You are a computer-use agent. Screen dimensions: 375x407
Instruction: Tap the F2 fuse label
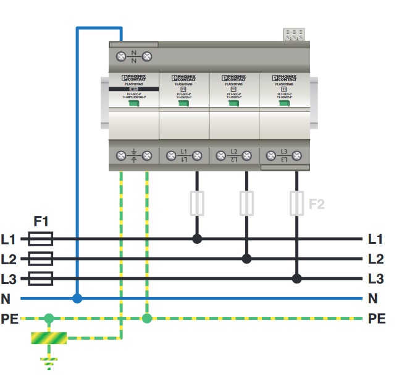pos(316,202)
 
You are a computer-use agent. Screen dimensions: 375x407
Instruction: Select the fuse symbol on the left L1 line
pos(41,238)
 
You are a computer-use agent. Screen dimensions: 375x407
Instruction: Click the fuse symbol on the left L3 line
pos(41,278)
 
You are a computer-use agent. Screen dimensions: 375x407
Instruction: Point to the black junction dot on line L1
pos(196,238)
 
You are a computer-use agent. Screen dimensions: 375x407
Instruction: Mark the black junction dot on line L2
pos(246,258)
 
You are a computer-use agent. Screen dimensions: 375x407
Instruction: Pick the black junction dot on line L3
pos(297,278)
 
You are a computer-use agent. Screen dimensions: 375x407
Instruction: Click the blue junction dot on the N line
pos(77,298)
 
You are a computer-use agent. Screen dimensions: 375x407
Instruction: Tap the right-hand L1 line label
pos(376,238)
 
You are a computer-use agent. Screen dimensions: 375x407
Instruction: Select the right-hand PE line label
pos(377,319)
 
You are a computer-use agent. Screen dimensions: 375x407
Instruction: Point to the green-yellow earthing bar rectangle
pos(49,338)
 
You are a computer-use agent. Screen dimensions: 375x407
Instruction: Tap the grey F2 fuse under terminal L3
pos(297,202)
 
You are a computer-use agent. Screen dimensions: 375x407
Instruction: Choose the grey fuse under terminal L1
pos(196,202)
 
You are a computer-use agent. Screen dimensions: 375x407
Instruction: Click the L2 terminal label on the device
pos(233,155)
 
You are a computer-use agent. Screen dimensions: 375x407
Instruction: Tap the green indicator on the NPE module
pos(132,103)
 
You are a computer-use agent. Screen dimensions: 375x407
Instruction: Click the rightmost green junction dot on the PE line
pos(146,319)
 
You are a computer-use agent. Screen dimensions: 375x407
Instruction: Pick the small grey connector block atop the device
pos(295,35)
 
